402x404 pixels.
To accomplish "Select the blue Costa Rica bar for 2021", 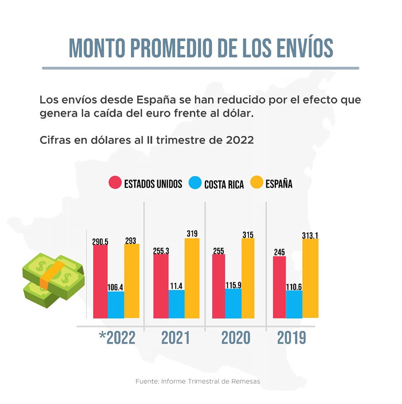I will click(x=176, y=304).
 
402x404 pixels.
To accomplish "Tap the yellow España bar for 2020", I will click(x=248, y=278).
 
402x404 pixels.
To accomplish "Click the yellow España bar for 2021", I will click(x=192, y=278).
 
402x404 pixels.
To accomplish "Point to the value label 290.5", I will click(x=100, y=242).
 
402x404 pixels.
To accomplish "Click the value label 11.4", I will click(x=176, y=286).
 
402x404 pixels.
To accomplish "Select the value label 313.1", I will click(x=310, y=236).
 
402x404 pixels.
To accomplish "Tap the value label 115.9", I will click(x=233, y=285).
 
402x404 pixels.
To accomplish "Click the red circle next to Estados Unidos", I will click(x=115, y=183).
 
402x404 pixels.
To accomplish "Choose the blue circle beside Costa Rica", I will click(x=195, y=183).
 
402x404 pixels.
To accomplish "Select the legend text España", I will click(x=279, y=184).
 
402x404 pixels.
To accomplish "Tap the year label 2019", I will click(x=292, y=338).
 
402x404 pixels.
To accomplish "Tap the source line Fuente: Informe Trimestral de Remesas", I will click(x=197, y=381).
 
